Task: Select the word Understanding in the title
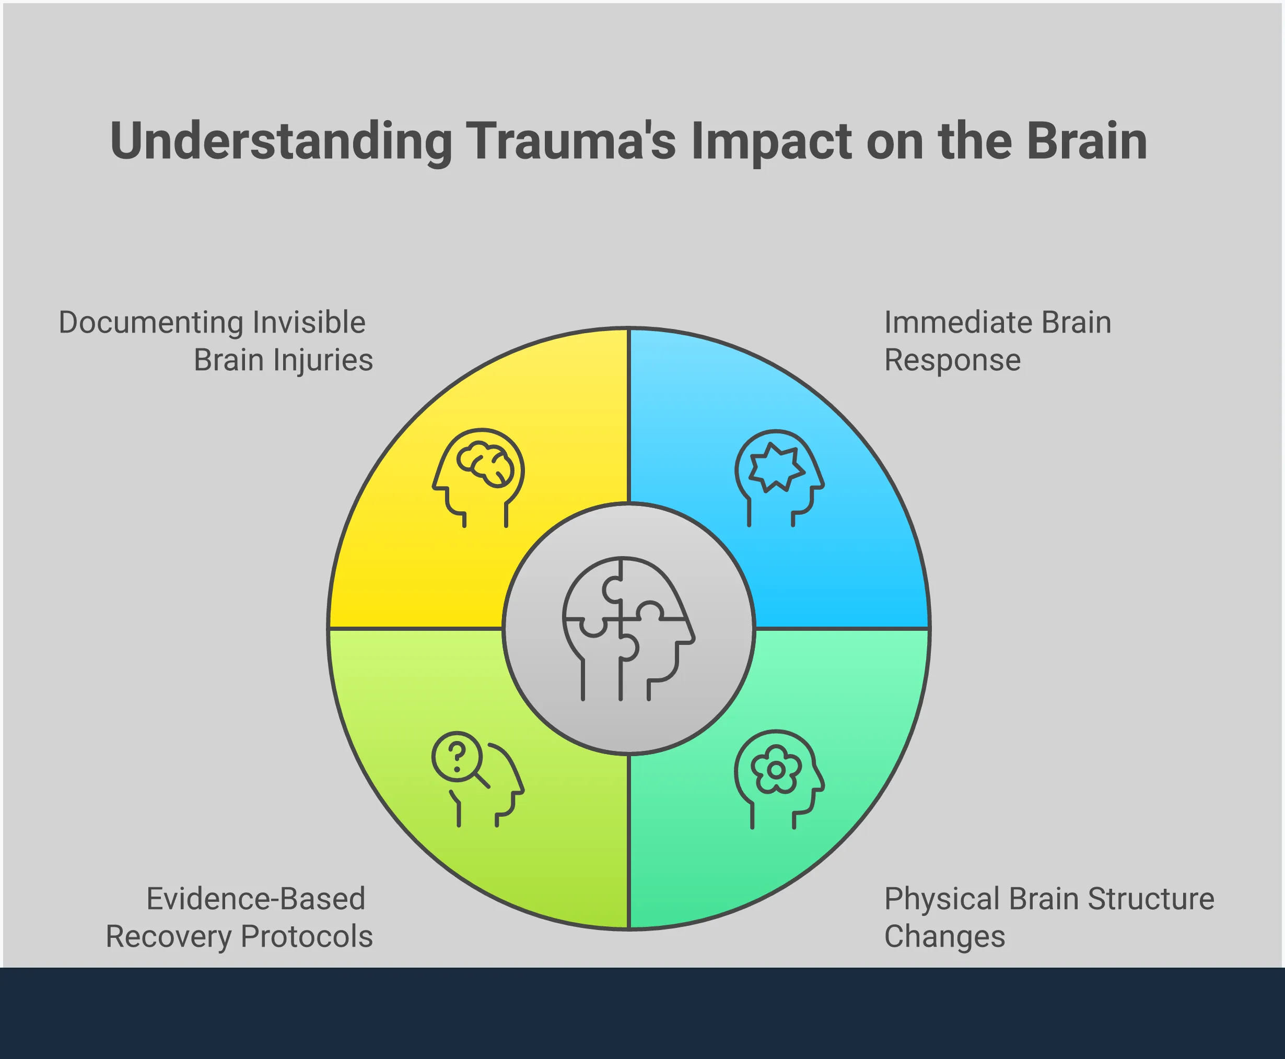point(281,142)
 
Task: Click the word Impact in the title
point(770,142)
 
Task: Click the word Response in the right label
point(952,360)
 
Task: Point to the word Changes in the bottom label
point(944,936)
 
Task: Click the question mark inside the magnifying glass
point(457,757)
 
